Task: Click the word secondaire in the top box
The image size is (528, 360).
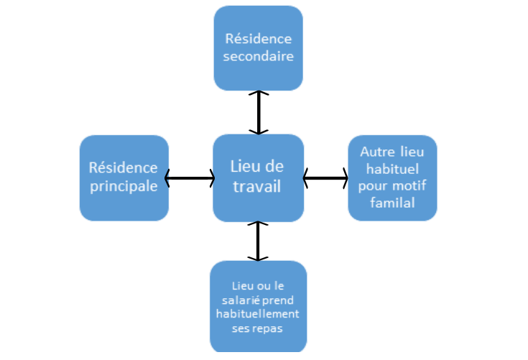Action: [259, 56]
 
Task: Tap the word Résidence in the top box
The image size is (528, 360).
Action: [259, 39]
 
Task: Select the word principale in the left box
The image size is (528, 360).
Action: [124, 185]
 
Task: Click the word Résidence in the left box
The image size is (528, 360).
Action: [124, 167]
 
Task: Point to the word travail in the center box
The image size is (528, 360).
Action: [257, 185]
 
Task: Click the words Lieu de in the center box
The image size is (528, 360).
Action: [257, 167]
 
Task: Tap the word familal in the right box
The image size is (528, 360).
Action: [392, 203]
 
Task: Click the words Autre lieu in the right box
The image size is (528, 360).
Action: [392, 152]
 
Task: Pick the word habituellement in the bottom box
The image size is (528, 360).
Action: [258, 314]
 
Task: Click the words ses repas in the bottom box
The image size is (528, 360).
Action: [258, 328]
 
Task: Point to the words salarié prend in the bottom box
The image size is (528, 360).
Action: [258, 300]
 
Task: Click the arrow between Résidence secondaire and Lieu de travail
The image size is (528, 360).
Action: [259, 112]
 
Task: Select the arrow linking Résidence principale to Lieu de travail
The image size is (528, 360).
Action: [190, 177]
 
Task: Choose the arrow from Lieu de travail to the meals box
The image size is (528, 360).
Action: [258, 241]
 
